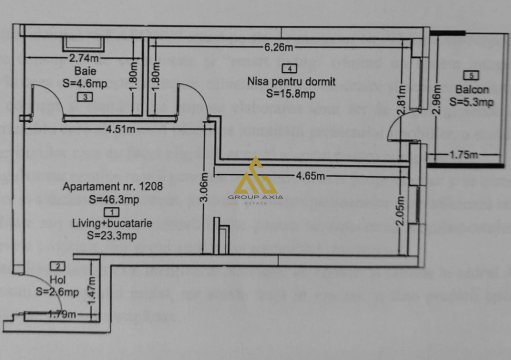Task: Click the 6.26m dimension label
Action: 278,48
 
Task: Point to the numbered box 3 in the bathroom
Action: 85,97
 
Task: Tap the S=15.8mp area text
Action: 290,93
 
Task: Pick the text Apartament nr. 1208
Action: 112,187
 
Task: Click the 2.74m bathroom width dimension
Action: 83,57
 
